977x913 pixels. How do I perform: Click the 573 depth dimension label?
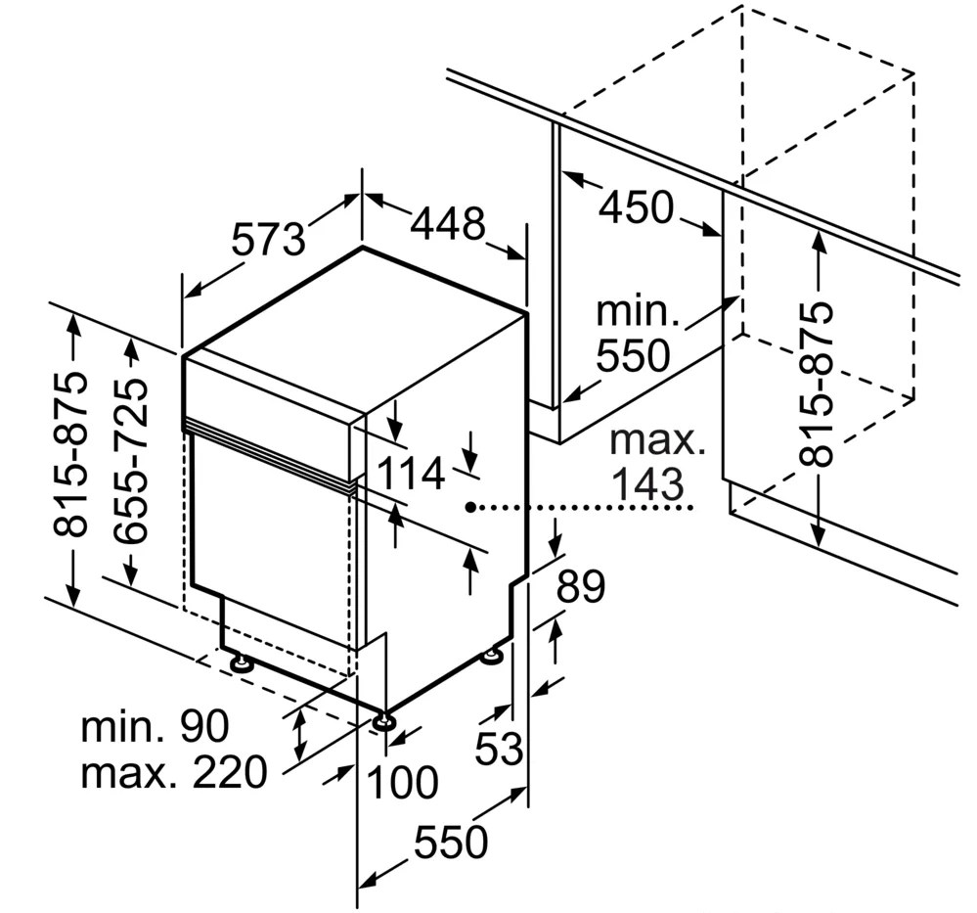pyautogui.click(x=269, y=239)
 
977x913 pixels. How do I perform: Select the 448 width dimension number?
pyautogui.click(x=447, y=223)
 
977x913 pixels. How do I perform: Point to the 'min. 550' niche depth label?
pyautogui.click(x=637, y=333)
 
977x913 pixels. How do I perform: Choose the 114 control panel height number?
pyautogui.click(x=410, y=473)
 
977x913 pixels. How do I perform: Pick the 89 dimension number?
pyautogui.click(x=580, y=585)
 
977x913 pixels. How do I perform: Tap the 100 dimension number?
pyautogui.click(x=402, y=782)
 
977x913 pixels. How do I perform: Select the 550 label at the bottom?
pyautogui.click(x=451, y=842)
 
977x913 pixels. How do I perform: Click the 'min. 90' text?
pyautogui.click(x=155, y=725)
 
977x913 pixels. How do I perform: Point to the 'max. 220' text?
pyautogui.click(x=174, y=771)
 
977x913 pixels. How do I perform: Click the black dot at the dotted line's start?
pyautogui.click(x=471, y=508)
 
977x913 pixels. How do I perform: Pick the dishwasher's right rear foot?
pyautogui.click(x=492, y=655)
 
